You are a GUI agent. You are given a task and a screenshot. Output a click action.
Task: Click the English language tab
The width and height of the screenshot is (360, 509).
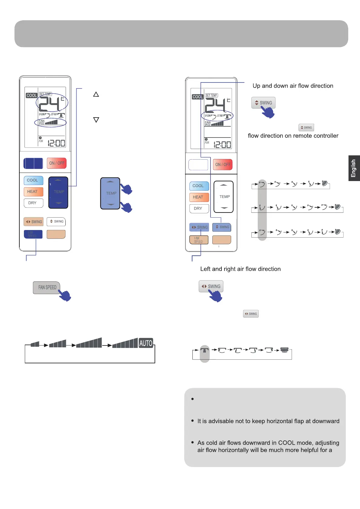(354, 168)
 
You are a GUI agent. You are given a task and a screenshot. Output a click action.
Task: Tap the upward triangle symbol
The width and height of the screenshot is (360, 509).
(96, 94)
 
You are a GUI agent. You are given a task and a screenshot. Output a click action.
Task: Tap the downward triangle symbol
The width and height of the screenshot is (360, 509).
(96, 120)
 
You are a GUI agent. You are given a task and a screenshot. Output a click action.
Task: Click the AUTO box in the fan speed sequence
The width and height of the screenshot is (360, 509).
(146, 343)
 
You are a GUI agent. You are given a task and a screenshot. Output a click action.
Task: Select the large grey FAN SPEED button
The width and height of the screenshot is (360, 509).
(47, 287)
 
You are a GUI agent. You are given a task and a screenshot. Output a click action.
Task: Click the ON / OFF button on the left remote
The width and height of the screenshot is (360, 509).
(57, 163)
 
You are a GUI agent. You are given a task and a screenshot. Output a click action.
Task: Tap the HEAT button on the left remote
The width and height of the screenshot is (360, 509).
(33, 192)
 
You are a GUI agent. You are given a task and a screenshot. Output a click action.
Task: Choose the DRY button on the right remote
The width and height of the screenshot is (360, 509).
(199, 209)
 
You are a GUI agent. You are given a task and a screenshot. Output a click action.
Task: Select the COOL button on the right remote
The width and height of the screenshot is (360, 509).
(199, 186)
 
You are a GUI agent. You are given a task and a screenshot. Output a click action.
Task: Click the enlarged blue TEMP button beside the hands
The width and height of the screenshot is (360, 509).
(110, 193)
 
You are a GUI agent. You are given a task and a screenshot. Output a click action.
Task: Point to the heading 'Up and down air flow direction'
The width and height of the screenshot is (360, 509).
(293, 86)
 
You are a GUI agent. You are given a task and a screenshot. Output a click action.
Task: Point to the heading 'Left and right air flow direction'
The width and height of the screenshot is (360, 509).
(241, 269)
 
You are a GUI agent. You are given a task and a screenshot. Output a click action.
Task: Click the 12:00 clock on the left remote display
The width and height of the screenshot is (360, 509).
(56, 143)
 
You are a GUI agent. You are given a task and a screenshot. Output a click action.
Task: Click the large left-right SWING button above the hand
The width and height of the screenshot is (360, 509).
(211, 286)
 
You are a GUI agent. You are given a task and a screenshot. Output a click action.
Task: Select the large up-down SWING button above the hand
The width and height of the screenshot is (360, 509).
(263, 103)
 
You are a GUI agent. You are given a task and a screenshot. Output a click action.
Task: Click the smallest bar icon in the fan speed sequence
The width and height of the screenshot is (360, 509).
(35, 344)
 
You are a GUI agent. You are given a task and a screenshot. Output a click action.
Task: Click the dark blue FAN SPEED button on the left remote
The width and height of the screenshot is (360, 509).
(33, 234)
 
